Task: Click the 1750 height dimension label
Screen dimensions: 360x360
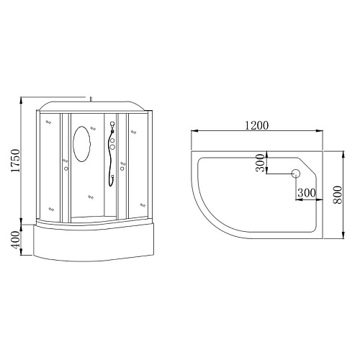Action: point(15,161)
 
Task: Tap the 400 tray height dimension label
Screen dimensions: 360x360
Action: point(15,240)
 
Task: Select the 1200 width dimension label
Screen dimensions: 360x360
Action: point(256,125)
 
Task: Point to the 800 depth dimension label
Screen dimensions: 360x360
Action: point(337,194)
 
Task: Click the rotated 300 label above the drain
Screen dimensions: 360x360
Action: point(260,163)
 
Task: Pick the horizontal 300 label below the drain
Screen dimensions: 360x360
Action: point(307,192)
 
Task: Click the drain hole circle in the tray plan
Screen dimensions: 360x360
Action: point(296,174)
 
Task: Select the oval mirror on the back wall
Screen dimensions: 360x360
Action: point(82,144)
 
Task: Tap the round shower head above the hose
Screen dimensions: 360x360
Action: point(112,124)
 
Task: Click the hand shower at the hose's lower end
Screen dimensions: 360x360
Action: point(112,177)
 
